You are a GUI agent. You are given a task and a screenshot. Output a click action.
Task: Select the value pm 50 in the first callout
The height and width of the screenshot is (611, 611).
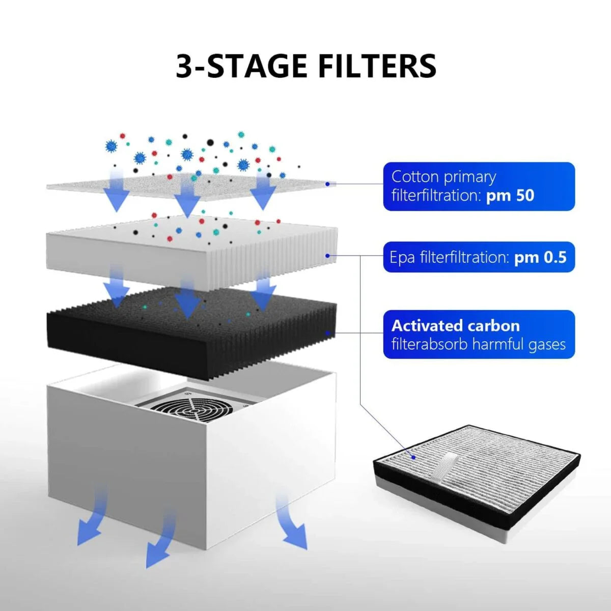coord(510,196)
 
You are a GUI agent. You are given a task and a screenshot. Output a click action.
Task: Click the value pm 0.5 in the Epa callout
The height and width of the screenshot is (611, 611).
coord(540,257)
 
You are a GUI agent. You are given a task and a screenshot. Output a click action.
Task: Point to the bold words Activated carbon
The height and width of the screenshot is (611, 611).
coord(456,326)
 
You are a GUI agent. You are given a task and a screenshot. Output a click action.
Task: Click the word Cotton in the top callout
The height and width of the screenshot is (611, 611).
coord(415,177)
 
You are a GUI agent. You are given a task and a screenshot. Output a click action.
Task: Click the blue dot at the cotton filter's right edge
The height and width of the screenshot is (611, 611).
coord(327,184)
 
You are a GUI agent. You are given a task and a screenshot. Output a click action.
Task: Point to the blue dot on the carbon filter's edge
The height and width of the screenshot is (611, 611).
coord(328,334)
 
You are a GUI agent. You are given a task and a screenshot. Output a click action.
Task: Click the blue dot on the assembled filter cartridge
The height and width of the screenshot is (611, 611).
coord(415,457)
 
